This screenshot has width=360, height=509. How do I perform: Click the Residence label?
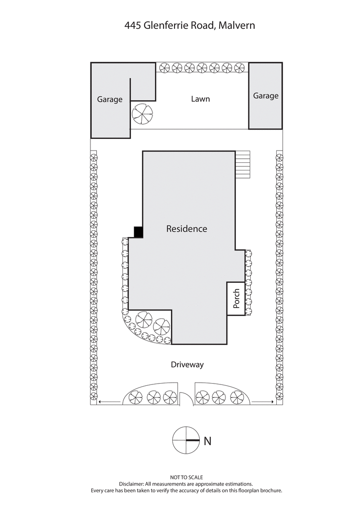(187, 229)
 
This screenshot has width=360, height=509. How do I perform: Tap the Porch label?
(237, 298)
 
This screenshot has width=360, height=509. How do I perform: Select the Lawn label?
(200, 99)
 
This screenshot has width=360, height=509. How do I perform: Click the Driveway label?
(187, 365)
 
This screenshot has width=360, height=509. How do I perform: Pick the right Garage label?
(265, 96)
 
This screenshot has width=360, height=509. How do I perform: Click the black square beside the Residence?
(139, 232)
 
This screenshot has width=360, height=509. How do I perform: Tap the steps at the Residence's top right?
(243, 165)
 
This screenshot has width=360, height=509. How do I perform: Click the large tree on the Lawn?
(143, 115)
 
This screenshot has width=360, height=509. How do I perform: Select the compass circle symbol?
(186, 440)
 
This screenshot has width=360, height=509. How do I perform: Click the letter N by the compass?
(207, 441)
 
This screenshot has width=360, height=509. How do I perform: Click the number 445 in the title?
(133, 26)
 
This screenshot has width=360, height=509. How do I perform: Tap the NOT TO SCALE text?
(186, 477)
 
